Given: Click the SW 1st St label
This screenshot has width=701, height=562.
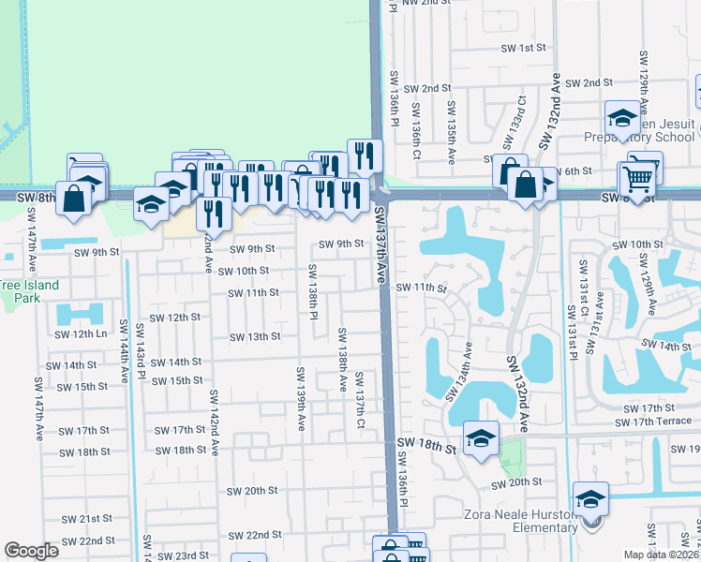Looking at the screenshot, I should point(526,48).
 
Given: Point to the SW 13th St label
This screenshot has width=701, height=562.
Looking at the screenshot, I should point(255,337).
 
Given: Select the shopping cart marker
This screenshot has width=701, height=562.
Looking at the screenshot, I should point(638,175).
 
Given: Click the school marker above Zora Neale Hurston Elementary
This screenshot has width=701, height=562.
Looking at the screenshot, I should point(591,497).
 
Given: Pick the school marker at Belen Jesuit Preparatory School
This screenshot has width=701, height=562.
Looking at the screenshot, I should point(621,117).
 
